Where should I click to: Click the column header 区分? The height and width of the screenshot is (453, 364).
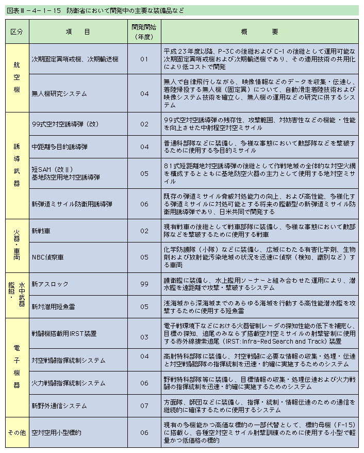(x=16, y=31)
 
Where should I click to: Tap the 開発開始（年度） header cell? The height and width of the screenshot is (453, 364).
(x=144, y=31)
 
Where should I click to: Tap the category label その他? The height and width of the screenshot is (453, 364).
(x=16, y=432)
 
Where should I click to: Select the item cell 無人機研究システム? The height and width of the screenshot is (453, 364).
(x=59, y=94)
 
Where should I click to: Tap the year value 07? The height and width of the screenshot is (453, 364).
(x=144, y=406)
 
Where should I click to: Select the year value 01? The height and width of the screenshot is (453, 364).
(x=144, y=59)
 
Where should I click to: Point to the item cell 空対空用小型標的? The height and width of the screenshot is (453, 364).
(x=56, y=432)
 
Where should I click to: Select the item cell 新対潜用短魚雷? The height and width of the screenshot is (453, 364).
(x=54, y=306)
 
